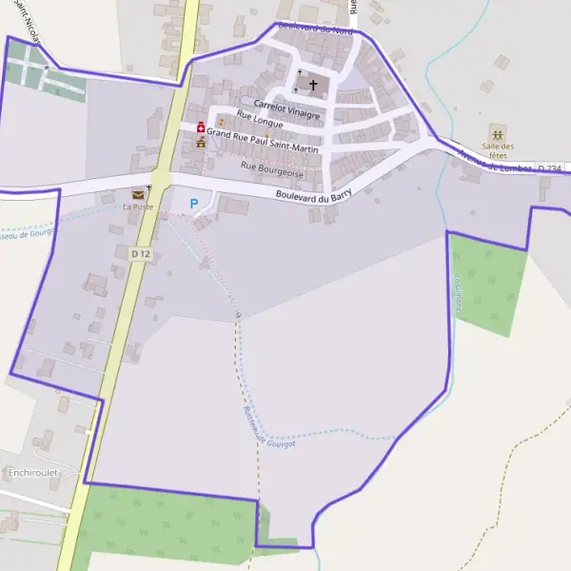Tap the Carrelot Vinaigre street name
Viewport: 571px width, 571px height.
pos(286,108)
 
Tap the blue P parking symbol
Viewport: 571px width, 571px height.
pos(194,203)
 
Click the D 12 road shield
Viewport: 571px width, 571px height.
pos(141,254)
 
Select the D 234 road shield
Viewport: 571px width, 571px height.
pos(549,168)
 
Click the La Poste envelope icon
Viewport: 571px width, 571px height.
pos(138,194)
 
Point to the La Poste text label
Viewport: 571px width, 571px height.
pos(137,207)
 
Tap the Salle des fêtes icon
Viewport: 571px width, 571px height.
pos(497,130)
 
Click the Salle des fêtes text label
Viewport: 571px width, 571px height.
pos(498,151)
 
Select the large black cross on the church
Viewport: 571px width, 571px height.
pos(313,85)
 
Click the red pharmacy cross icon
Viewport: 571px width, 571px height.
pos(201,128)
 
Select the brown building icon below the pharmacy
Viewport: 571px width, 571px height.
pos(201,143)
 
